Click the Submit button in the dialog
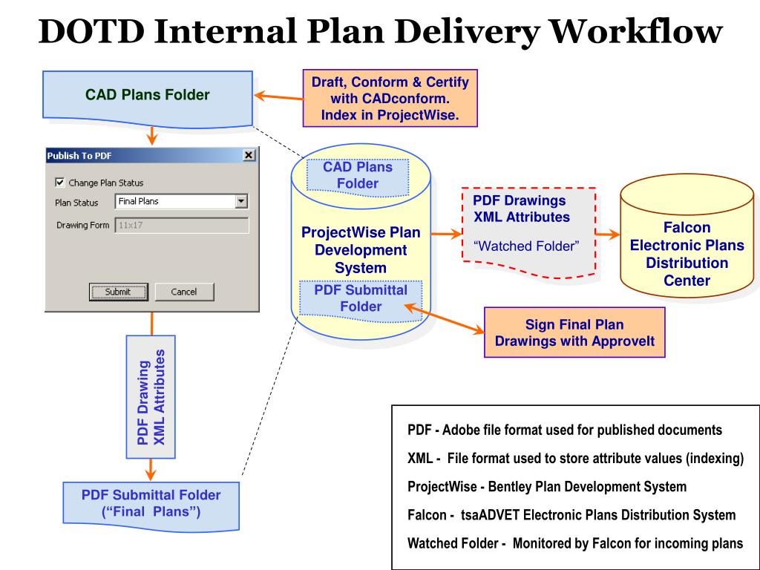(118, 292)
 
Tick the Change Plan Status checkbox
(60, 183)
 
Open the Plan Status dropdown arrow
(240, 201)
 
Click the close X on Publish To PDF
(249, 155)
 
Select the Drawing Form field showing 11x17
(182, 226)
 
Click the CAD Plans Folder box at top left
(148, 96)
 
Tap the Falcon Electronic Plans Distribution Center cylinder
(687, 245)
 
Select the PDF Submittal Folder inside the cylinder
(360, 298)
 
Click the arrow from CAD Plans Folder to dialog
(151, 135)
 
